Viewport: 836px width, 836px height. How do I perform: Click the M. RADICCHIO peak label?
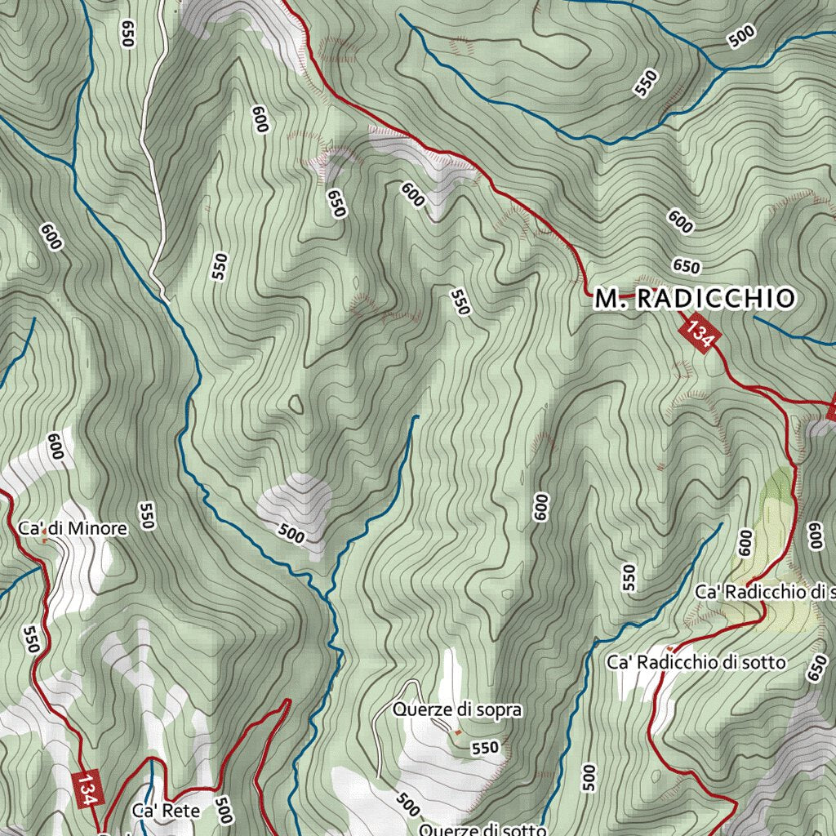click(x=693, y=299)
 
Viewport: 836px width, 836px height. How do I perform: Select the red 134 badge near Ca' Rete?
click(x=88, y=789)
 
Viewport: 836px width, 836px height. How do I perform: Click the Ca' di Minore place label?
click(x=73, y=529)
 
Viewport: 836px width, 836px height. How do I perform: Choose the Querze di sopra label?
click(x=456, y=709)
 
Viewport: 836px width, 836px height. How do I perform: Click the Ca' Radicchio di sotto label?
click(x=696, y=662)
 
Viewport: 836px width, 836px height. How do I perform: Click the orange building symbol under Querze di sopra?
click(x=457, y=731)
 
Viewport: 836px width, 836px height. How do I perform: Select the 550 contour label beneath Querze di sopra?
click(x=485, y=747)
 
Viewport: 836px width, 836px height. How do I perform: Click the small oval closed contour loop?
click(x=296, y=403)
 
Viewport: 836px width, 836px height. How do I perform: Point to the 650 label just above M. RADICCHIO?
click(x=687, y=266)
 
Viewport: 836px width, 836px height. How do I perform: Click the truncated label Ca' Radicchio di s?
click(x=764, y=590)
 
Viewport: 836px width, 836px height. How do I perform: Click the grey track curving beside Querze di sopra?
click(x=380, y=735)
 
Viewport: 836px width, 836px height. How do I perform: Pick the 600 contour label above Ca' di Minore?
click(x=56, y=447)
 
